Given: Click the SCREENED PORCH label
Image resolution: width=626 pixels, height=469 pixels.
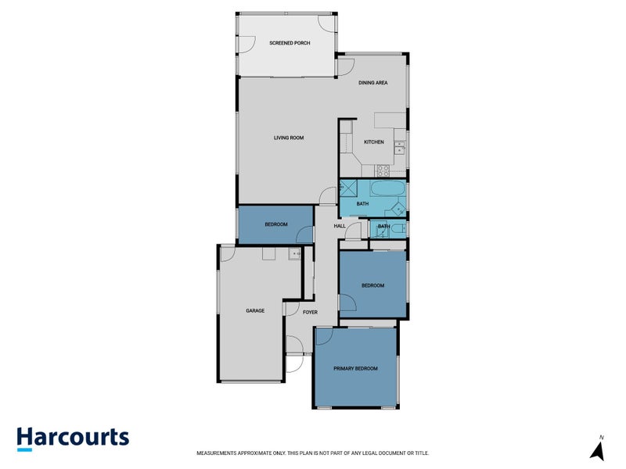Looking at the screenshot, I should tap(290, 43).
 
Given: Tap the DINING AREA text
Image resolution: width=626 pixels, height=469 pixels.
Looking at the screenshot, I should tap(373, 83).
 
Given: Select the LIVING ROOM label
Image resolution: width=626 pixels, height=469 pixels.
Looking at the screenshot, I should tap(288, 138).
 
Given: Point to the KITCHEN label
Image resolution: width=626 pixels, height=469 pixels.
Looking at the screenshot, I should tap(374, 141).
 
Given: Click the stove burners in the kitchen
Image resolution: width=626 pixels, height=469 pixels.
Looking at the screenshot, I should tap(383, 169).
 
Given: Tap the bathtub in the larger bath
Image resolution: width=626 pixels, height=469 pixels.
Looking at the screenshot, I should tap(387, 190).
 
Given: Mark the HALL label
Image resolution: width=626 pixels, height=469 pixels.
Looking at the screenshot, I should tap(340, 226).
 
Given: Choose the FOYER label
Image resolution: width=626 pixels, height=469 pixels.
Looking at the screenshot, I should tap(310, 312).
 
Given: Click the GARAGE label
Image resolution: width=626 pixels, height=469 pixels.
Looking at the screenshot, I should tap(255, 310).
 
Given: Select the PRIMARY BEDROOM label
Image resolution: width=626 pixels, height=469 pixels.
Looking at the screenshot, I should tap(355, 368).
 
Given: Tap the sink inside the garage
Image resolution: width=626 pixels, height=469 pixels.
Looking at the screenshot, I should tap(294, 253).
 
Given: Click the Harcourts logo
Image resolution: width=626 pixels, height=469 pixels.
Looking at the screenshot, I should tap(73, 438).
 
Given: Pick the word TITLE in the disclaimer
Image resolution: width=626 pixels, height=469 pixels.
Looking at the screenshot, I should tap(420, 453).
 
